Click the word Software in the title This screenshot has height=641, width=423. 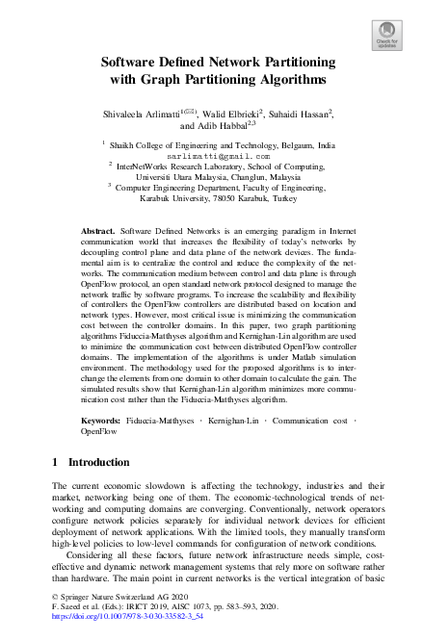(134, 63)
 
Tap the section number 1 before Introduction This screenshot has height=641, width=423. (56, 463)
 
